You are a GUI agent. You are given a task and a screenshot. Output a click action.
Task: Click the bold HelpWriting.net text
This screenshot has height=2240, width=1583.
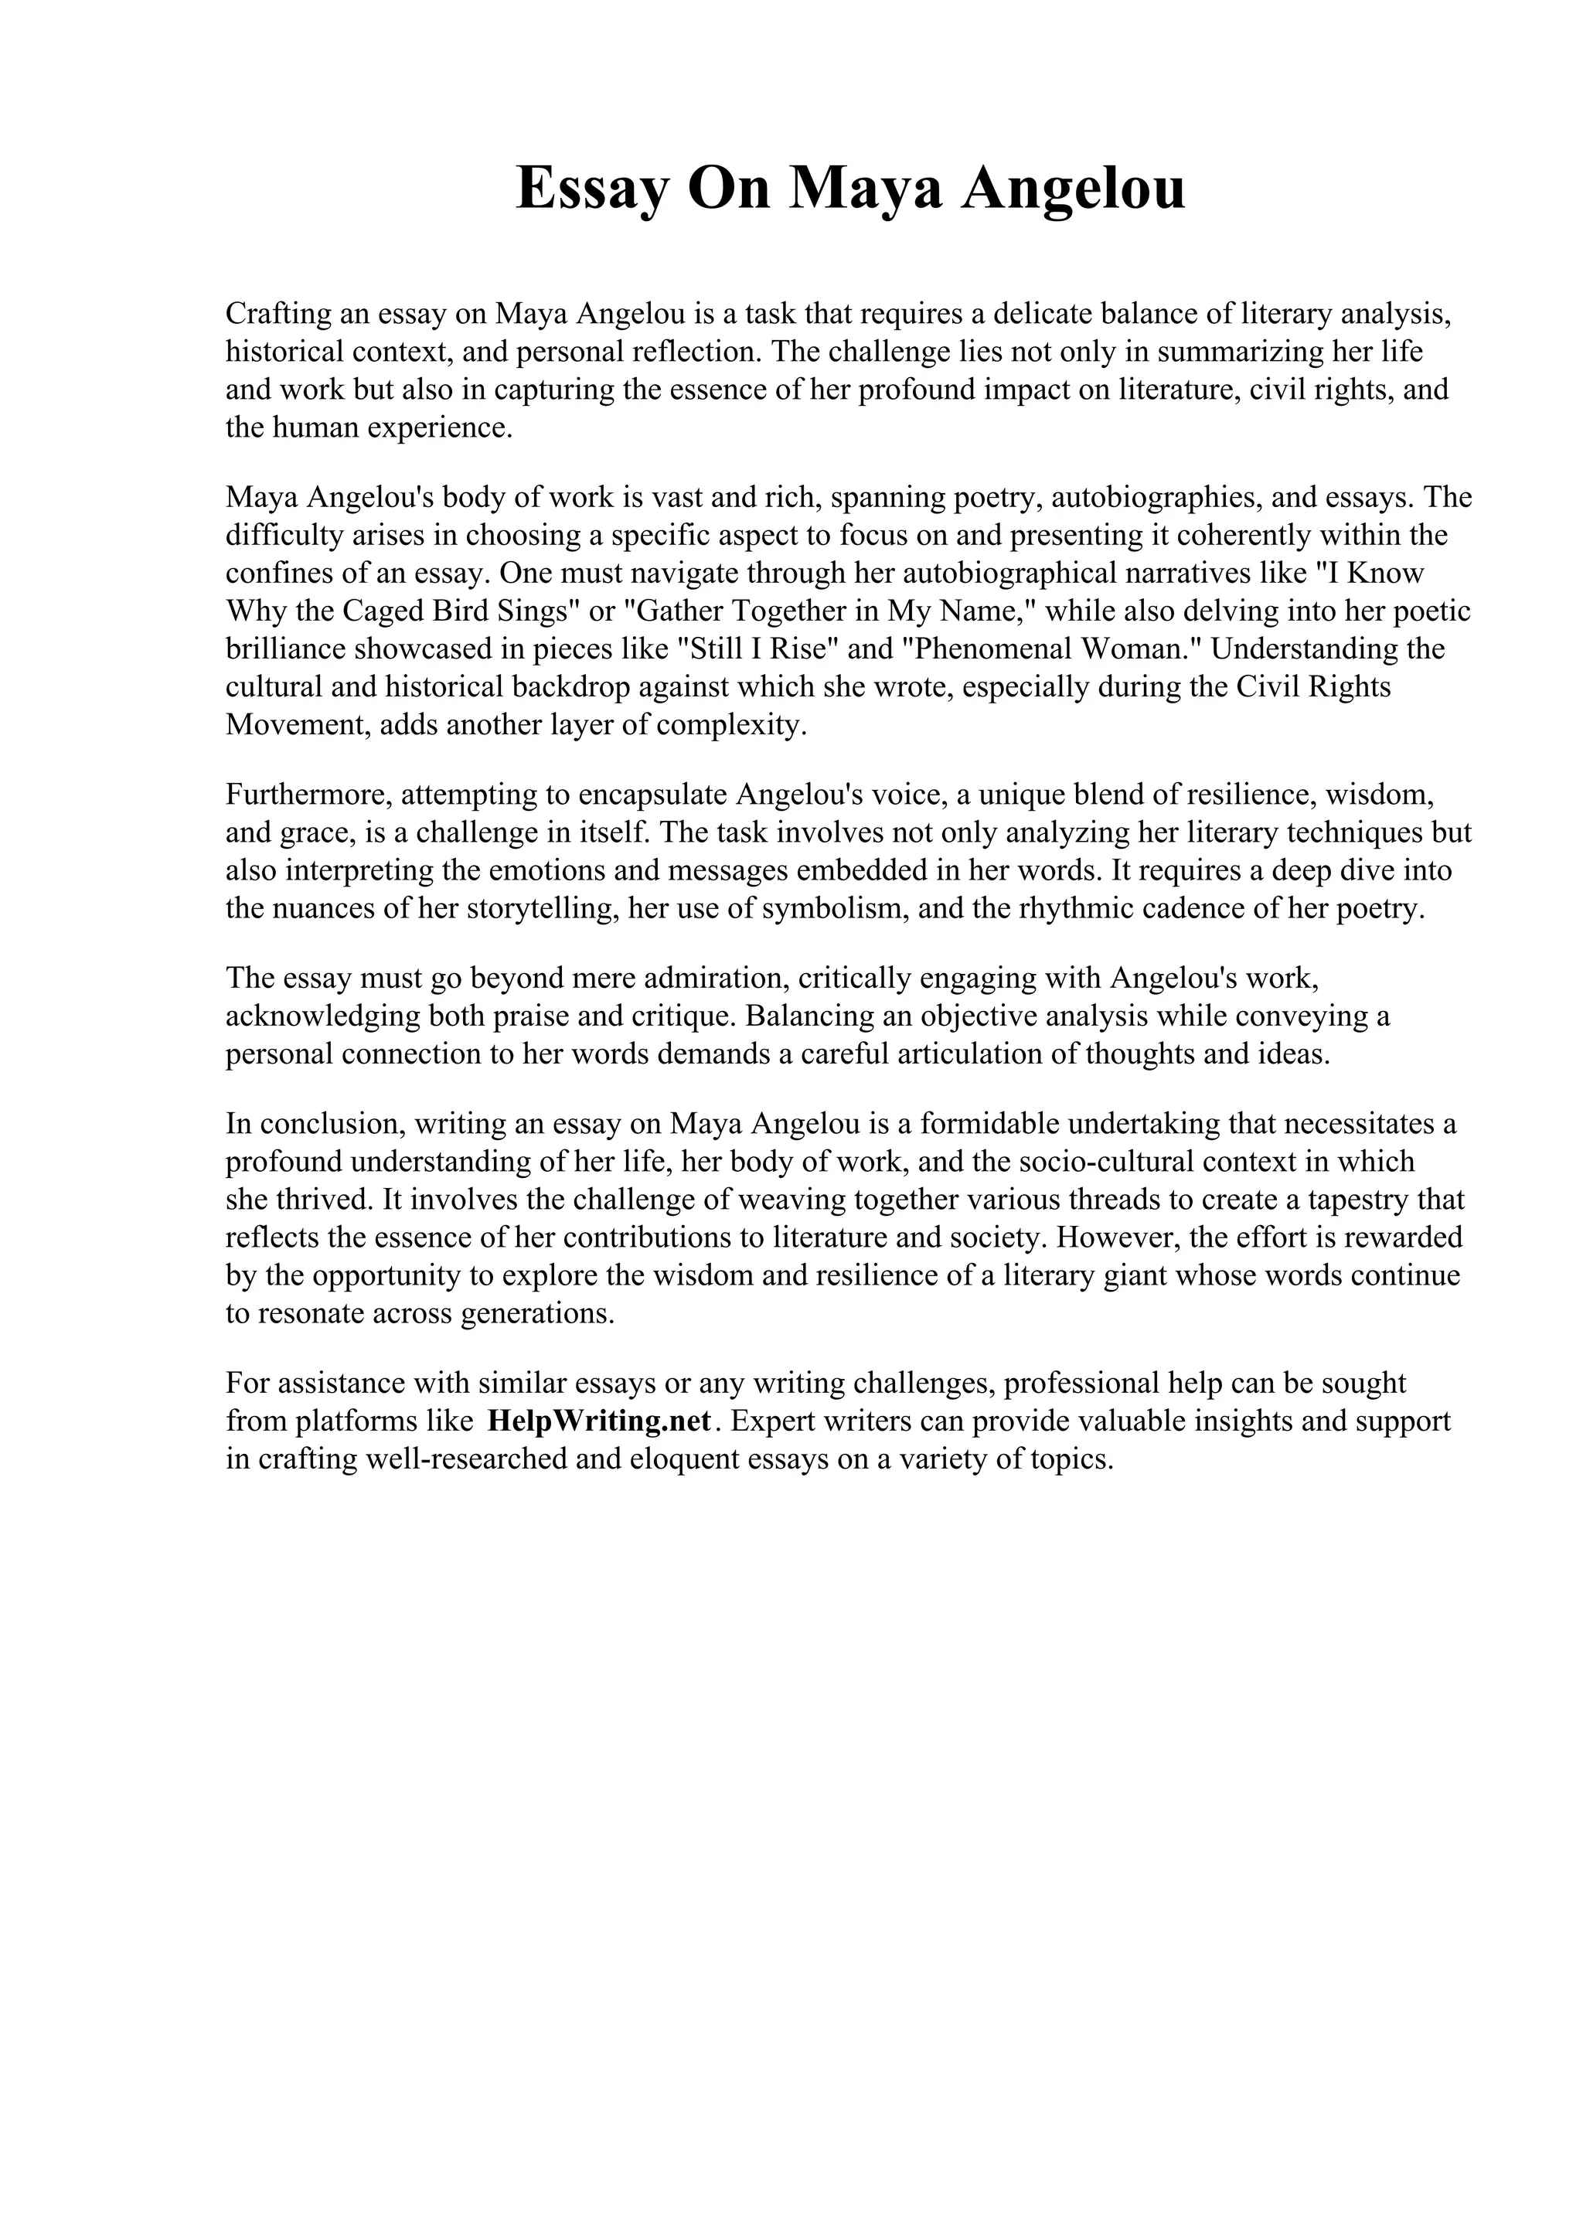point(600,1421)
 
